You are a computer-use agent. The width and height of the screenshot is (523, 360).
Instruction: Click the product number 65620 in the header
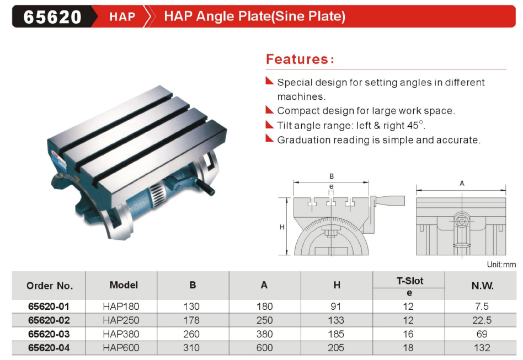[x=52, y=17]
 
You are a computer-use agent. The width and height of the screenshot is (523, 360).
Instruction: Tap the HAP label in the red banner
[x=122, y=17]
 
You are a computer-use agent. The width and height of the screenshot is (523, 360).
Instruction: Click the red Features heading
[x=300, y=59]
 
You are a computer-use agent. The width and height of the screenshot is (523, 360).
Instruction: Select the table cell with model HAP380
[x=121, y=334]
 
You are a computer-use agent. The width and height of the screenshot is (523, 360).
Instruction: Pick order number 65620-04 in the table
[x=49, y=348]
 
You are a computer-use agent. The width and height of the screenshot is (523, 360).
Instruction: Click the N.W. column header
[x=482, y=286]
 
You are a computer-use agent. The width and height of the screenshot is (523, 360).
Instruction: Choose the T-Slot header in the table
[x=410, y=281]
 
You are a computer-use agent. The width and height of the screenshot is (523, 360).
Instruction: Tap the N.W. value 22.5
[x=482, y=320]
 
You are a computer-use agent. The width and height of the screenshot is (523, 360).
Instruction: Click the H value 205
[x=336, y=348]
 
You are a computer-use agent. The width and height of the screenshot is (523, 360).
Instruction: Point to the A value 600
[x=264, y=348]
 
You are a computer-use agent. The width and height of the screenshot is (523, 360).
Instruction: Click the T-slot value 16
[x=408, y=334]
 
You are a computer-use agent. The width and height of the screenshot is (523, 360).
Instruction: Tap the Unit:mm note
[x=501, y=265]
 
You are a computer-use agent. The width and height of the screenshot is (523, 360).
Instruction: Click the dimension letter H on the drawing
[x=282, y=227]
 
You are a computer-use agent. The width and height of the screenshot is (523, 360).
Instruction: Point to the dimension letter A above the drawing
[x=462, y=184]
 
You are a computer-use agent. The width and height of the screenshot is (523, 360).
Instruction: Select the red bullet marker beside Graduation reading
[x=270, y=138]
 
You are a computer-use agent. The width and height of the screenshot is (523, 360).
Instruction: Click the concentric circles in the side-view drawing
[x=462, y=221]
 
